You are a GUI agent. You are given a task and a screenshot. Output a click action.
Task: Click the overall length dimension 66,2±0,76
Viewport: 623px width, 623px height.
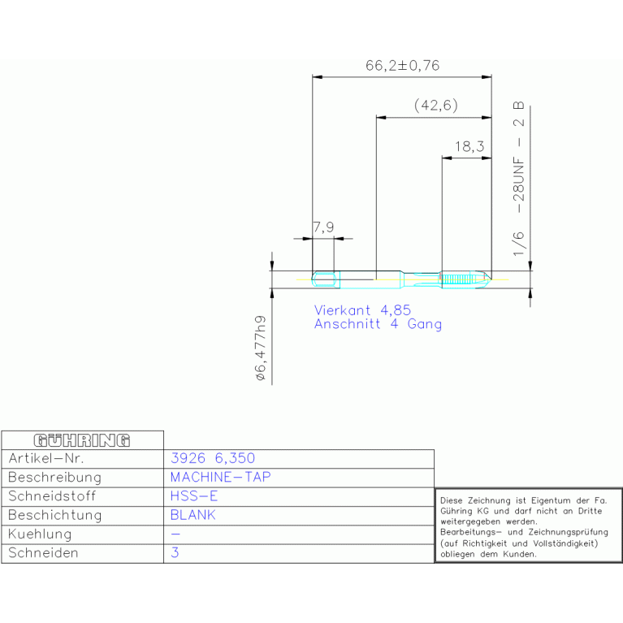(403, 66)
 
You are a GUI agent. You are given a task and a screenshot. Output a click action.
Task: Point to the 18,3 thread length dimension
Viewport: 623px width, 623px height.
(469, 146)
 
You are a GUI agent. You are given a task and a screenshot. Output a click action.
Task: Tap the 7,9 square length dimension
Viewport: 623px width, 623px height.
(323, 227)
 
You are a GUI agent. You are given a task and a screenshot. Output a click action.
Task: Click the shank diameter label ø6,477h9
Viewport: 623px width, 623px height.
(261, 348)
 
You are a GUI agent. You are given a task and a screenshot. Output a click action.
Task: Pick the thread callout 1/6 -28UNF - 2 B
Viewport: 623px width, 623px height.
(519, 179)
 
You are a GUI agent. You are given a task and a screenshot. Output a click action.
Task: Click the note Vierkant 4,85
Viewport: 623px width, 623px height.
(362, 310)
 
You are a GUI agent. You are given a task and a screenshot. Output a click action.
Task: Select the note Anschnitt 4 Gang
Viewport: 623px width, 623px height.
(378, 324)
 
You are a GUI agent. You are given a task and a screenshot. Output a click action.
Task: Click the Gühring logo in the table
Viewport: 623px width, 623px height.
(82, 440)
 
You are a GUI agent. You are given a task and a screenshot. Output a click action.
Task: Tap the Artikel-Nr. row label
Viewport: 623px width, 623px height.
(46, 458)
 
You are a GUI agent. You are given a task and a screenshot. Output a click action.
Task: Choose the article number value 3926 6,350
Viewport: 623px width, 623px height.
(213, 458)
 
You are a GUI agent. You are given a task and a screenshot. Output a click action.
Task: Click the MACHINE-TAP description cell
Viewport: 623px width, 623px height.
(220, 477)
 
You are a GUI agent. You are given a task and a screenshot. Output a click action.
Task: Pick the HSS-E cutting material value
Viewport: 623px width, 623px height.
(194, 495)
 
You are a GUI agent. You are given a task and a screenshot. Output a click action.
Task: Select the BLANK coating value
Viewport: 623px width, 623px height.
(193, 515)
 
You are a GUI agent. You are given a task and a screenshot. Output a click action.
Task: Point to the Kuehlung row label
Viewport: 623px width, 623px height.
(40, 534)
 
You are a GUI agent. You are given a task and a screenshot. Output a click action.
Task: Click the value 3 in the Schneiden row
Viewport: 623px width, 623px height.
(175, 552)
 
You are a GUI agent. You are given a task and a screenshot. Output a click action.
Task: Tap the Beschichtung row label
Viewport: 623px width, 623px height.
(55, 515)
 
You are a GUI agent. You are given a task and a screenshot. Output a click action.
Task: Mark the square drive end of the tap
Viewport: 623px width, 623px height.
(326, 279)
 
